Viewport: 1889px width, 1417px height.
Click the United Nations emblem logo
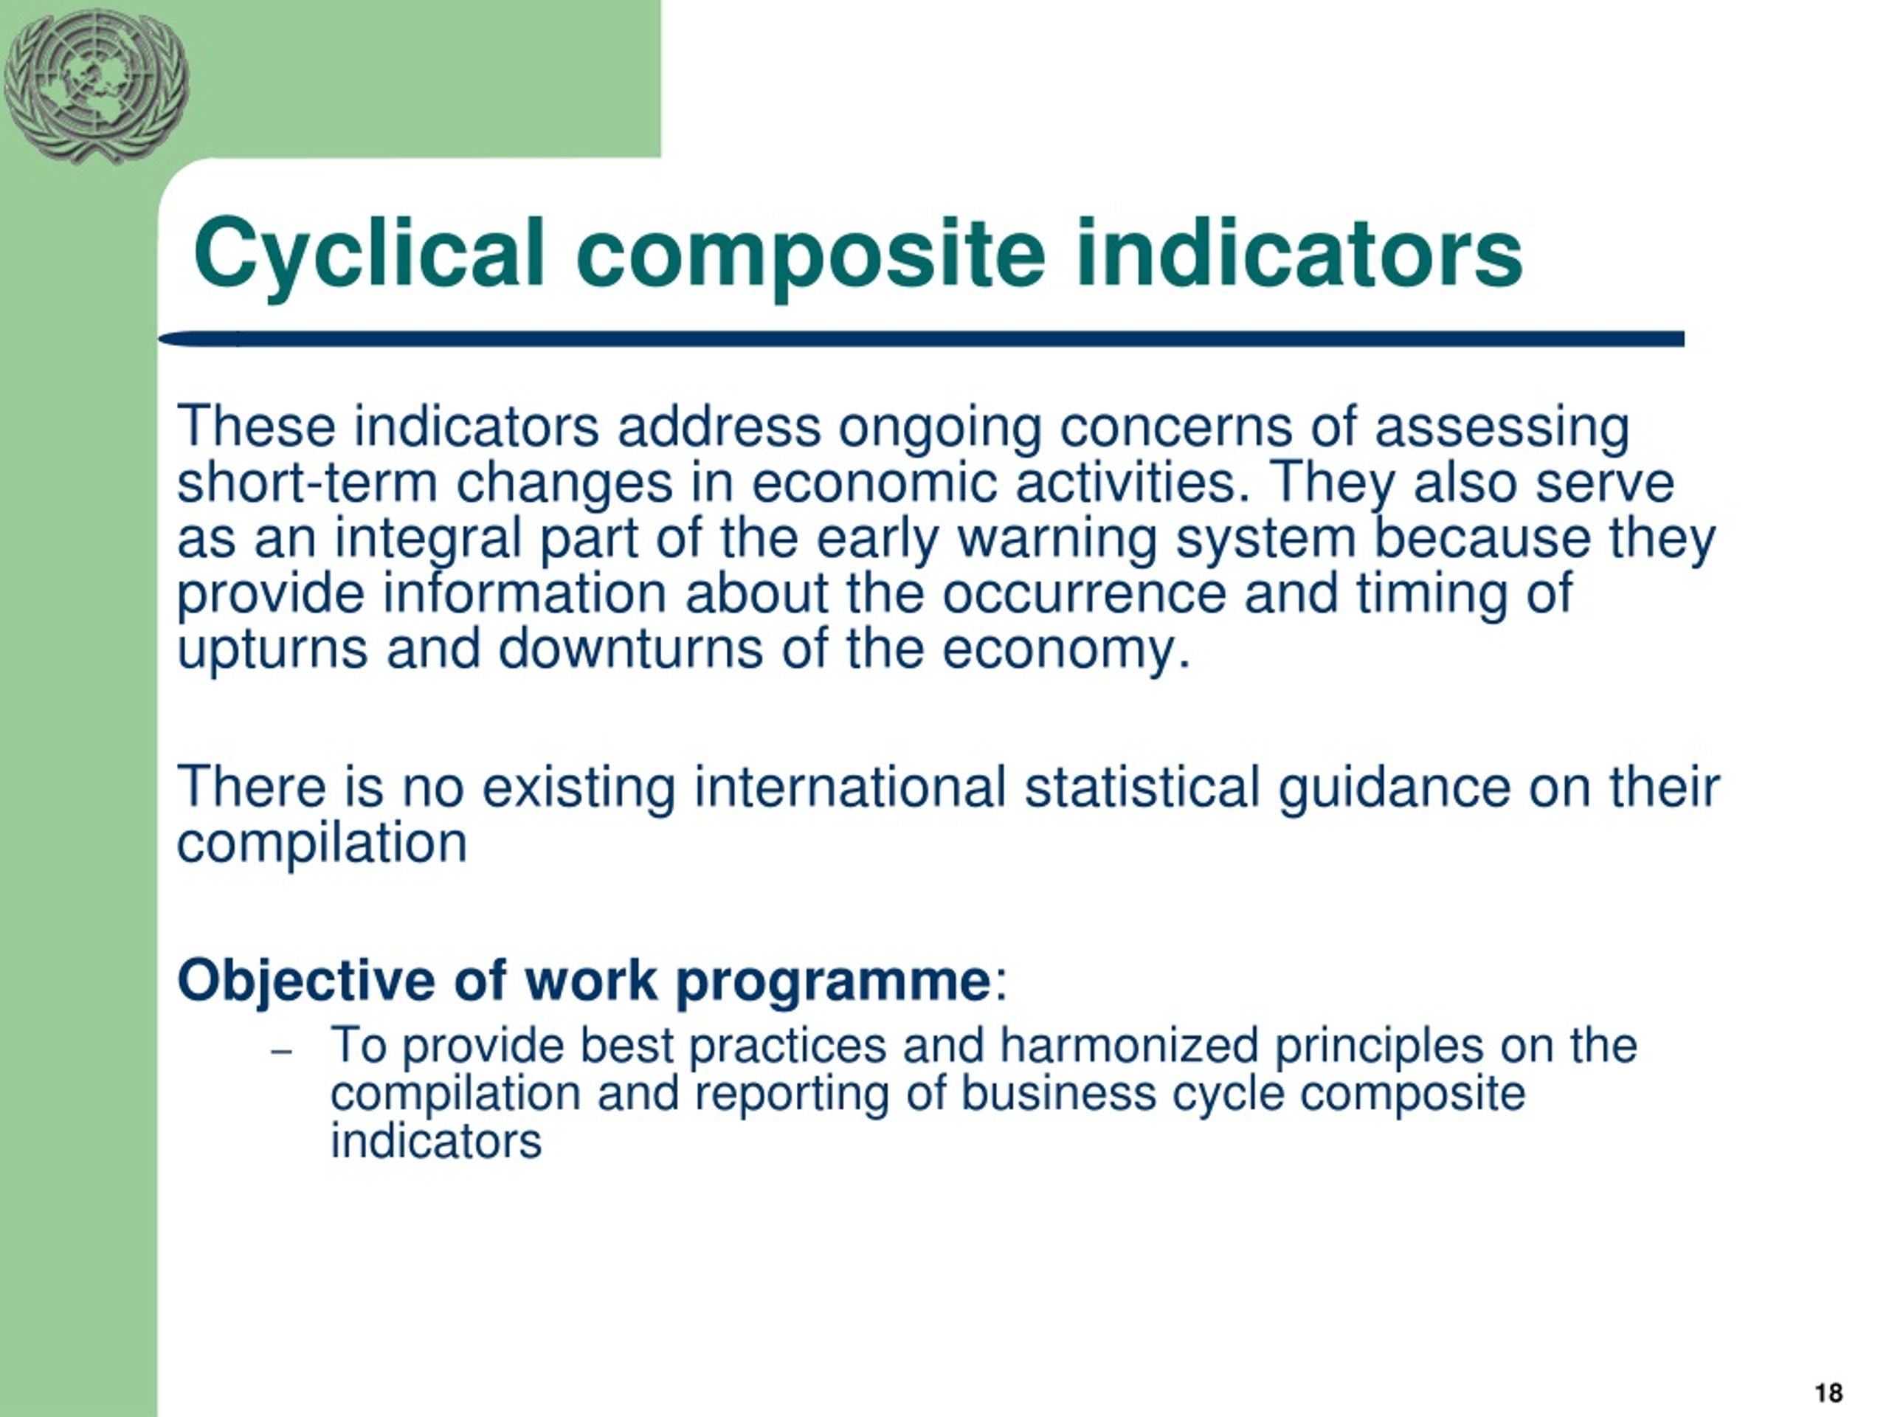(x=96, y=86)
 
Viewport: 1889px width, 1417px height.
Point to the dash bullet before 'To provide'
(x=281, y=1052)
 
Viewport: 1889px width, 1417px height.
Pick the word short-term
(x=308, y=483)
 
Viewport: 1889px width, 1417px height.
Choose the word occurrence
(x=1084, y=594)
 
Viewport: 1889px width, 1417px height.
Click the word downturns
(x=630, y=649)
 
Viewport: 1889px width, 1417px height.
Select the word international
(x=850, y=787)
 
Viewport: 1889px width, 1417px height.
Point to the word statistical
(x=1142, y=787)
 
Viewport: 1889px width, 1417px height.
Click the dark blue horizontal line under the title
(x=922, y=339)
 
